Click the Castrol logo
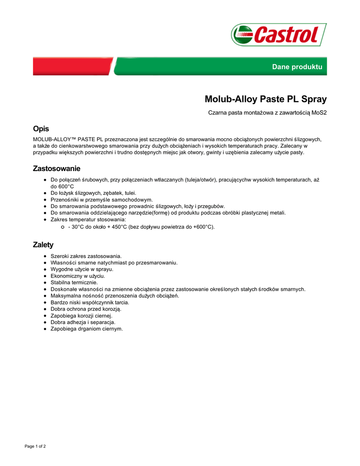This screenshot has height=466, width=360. tap(279, 35)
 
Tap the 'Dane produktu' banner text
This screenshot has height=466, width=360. tap(297, 67)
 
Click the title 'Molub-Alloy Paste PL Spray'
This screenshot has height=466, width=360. tap(265, 99)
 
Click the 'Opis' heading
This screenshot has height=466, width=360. tap(41, 129)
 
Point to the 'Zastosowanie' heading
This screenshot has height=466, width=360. tap(56, 168)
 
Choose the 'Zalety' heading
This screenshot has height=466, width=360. tap(43, 245)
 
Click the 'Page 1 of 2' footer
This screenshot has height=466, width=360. tap(35, 446)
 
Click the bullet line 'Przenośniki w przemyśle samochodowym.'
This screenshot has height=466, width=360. tap(101, 199)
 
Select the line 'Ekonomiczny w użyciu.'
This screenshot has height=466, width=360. tap(78, 276)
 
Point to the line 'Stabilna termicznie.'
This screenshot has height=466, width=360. tap(74, 282)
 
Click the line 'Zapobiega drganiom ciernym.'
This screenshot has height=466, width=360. tap(86, 329)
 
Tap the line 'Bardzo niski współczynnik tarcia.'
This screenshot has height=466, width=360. tap(90, 302)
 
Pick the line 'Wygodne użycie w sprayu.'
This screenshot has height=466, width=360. tap(82, 269)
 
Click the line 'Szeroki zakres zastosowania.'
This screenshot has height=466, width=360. tap(86, 256)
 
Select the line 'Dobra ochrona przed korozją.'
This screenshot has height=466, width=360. tap(82, 309)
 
